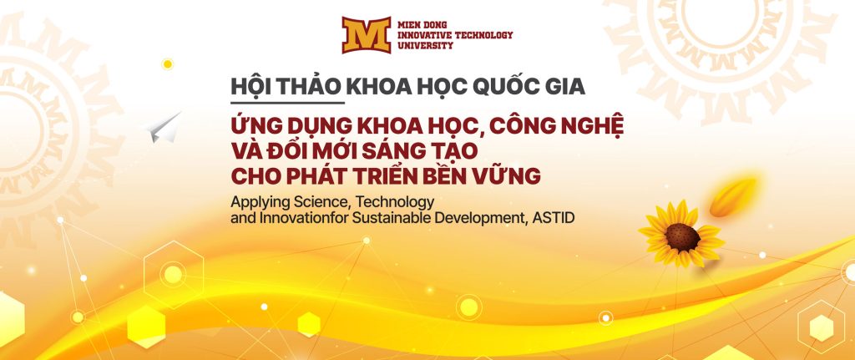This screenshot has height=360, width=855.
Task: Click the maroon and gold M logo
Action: coord(367,35)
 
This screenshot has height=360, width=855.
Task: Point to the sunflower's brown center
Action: coord(682,237)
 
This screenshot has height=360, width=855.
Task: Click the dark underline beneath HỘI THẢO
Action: coord(287,101)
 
